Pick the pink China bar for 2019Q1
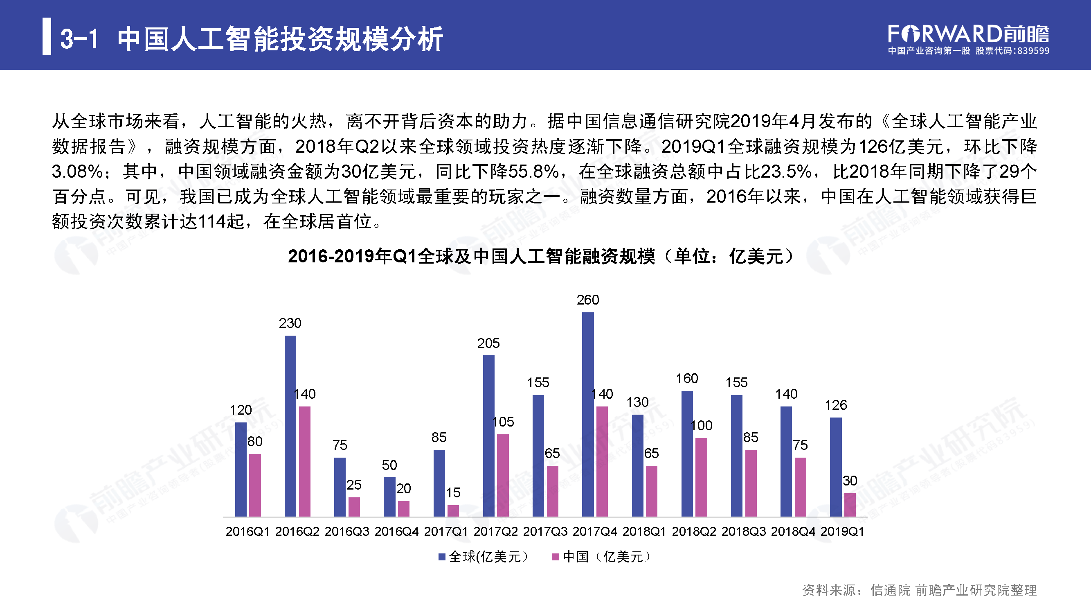850,505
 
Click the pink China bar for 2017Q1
453,510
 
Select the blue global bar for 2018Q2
687,454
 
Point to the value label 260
588,300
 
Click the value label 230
290,323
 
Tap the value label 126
836,405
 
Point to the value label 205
488,343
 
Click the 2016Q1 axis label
247,531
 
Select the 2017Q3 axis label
545,531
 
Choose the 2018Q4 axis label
793,531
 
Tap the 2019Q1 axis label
842,531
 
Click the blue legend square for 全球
442,557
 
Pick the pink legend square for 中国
556,557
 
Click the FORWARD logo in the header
968,34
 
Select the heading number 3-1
79,38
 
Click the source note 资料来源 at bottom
919,590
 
